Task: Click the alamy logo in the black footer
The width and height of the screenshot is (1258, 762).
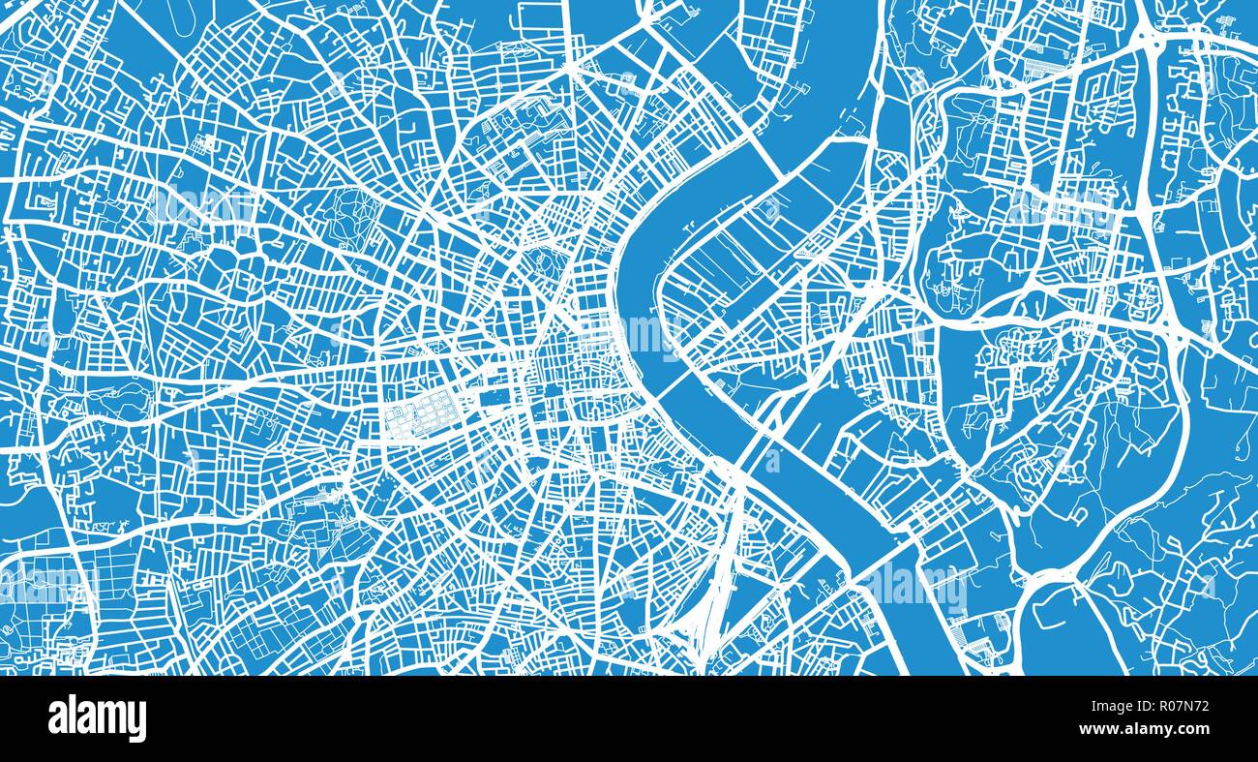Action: coord(97,718)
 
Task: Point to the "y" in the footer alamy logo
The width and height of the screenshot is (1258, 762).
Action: coord(138,721)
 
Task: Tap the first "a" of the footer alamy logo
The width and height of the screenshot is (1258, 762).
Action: coord(57,719)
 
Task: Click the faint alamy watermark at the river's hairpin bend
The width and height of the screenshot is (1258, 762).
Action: coord(644,334)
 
